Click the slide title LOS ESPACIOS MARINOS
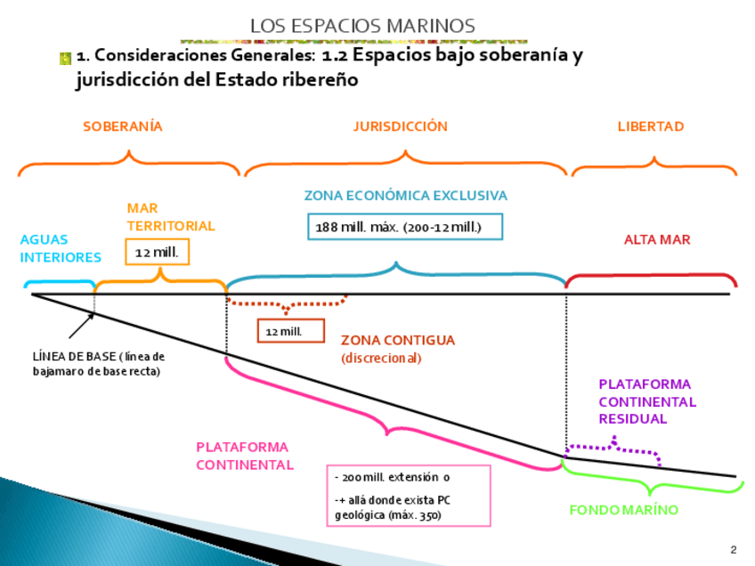click(x=362, y=26)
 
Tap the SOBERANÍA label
click(x=123, y=126)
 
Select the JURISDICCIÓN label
click(x=401, y=126)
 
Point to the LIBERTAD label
click(x=651, y=126)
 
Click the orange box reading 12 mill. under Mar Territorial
click(x=157, y=253)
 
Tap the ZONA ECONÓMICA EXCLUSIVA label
click(x=406, y=195)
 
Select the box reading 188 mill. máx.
click(x=405, y=227)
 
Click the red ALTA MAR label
click(x=657, y=239)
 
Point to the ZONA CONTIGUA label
click(x=398, y=340)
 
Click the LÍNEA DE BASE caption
click(x=99, y=364)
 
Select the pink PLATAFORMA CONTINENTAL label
click(x=242, y=456)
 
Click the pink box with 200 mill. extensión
click(x=407, y=496)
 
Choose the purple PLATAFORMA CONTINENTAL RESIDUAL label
click(x=647, y=401)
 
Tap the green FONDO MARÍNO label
click(x=624, y=510)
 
